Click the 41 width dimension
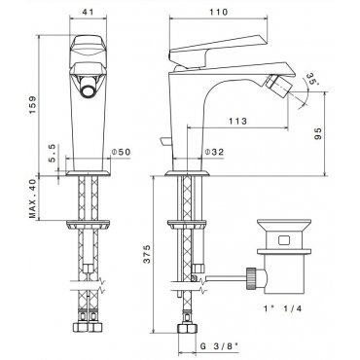(88, 12)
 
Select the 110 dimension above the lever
(219, 12)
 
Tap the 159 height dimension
(32, 105)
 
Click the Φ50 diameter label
(121, 152)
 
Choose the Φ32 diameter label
(214, 152)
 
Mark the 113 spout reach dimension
(237, 122)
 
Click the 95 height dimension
(318, 133)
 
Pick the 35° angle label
(309, 80)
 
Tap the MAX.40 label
(32, 198)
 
